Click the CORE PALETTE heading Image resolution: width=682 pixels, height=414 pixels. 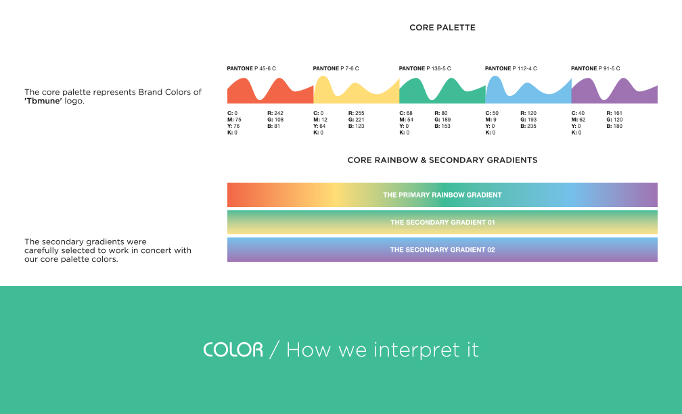click(x=442, y=27)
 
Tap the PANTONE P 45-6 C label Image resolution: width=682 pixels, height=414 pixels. click(x=252, y=68)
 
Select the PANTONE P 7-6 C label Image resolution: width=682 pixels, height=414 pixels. click(x=336, y=68)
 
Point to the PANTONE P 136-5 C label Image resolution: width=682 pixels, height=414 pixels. click(x=425, y=68)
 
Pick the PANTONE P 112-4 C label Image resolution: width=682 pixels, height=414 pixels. click(x=511, y=68)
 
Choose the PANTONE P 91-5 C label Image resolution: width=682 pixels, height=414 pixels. click(x=595, y=68)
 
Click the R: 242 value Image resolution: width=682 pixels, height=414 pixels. click(x=275, y=113)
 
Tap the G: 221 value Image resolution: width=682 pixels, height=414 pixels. click(x=356, y=120)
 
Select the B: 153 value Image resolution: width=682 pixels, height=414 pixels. click(x=442, y=126)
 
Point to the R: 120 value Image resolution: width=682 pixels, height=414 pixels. click(x=528, y=113)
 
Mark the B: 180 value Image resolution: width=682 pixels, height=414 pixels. click(x=614, y=126)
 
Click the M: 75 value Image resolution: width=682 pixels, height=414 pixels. click(x=234, y=120)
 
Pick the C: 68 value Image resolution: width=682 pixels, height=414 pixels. click(x=406, y=113)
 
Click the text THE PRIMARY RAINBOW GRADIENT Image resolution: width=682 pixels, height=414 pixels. click(x=442, y=195)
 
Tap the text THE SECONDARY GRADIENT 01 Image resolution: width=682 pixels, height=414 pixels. click(x=442, y=222)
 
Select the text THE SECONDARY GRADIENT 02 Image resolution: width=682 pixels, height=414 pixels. click(x=442, y=250)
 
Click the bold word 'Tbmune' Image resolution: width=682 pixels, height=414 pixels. click(x=43, y=101)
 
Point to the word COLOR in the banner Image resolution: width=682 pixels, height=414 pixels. click(x=233, y=350)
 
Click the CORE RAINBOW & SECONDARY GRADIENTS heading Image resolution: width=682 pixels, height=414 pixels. click(x=442, y=160)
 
